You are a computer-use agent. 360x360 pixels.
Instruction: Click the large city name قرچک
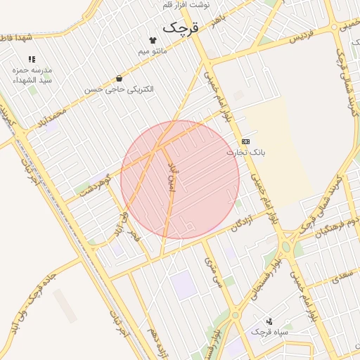tap(181, 27)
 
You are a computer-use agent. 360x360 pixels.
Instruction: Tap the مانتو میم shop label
tap(153, 51)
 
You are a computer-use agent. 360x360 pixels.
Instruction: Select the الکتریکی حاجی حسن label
tap(119, 89)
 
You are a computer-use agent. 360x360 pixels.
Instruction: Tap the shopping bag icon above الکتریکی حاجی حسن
tap(118, 78)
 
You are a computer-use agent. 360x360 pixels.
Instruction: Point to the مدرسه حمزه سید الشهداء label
tap(32, 76)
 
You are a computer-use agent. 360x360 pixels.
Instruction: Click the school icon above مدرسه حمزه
tap(32, 60)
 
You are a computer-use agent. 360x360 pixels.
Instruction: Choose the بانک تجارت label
tap(245, 152)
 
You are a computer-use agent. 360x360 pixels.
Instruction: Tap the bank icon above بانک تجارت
tap(245, 141)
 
